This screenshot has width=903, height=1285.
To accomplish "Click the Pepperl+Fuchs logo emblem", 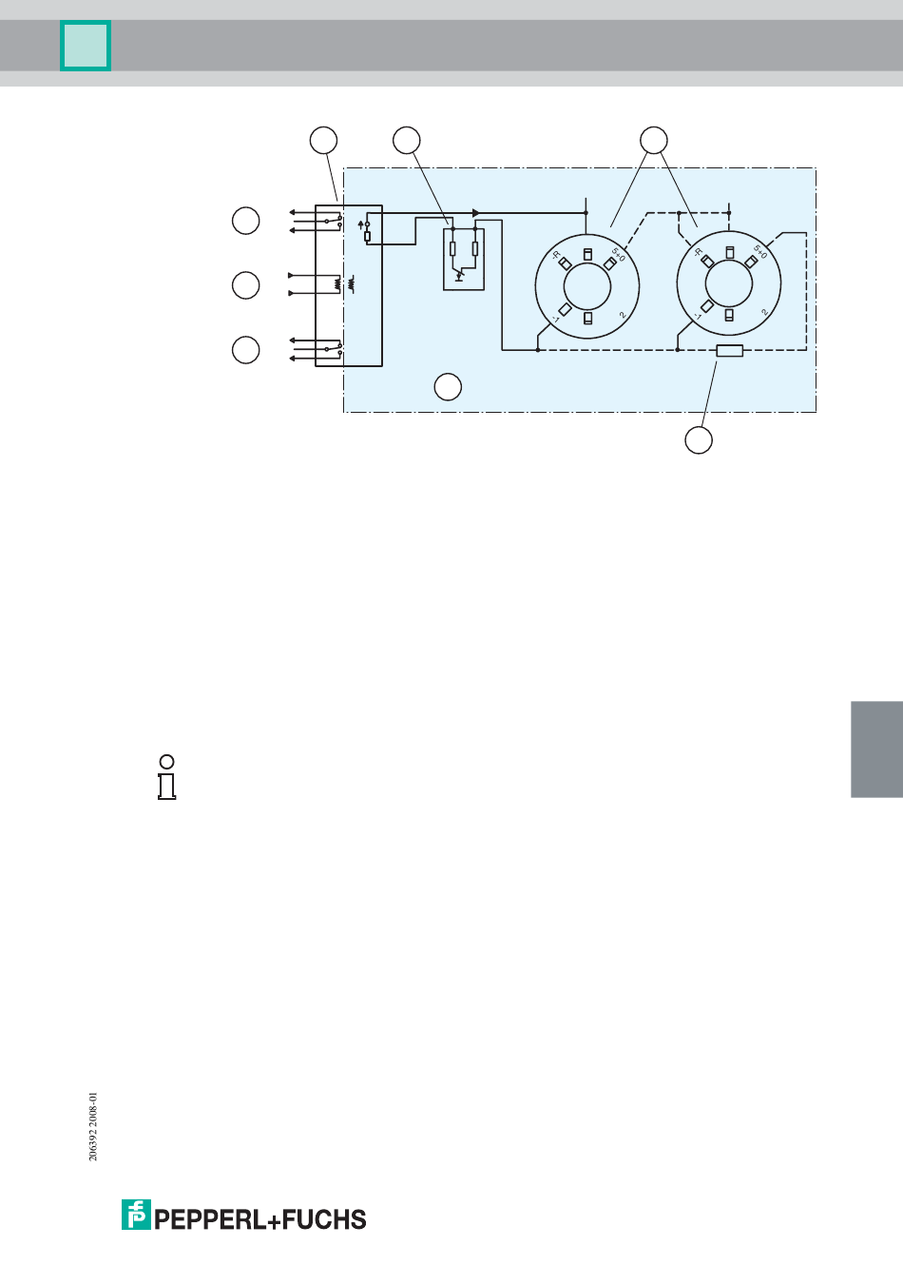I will pos(136,1215).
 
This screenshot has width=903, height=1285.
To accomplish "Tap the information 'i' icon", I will pos(167,777).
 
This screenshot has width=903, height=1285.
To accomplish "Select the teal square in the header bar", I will pos(86,46).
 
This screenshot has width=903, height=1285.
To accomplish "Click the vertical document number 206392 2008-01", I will pos(93,1126).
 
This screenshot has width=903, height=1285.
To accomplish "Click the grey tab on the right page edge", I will pos(876,749).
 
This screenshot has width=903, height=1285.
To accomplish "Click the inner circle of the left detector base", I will pos(587,284).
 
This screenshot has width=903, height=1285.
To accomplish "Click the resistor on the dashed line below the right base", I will pos(729,351).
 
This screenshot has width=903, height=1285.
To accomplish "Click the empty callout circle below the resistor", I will pos(699,440).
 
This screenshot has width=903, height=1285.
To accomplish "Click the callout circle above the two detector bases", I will pos(653,140).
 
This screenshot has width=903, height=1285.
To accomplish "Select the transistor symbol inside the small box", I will pos(460,275).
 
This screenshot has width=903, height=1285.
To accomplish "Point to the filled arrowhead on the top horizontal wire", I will pos(476,213).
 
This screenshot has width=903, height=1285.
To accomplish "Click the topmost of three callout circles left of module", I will pos(246,221).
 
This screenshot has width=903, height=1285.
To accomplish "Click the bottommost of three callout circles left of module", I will pos(246,349).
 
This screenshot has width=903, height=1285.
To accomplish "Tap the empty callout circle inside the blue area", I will pos(448,386).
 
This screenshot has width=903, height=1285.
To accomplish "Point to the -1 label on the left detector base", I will pos(554,320).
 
